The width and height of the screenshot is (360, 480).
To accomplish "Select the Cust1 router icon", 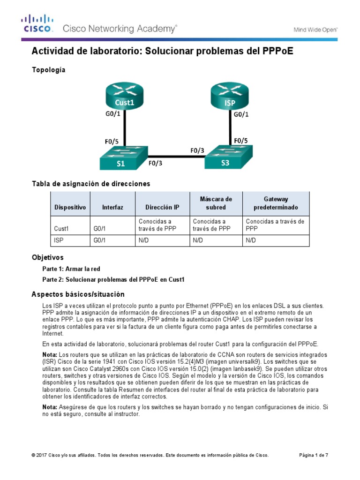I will [x=124, y=96].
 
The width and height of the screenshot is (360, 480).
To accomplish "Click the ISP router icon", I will [x=230, y=96].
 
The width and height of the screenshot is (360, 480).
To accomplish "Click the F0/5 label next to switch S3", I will [x=241, y=140].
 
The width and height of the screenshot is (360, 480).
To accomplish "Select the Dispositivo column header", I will [x=70, y=207].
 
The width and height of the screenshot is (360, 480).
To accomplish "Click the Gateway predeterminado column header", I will [x=275, y=203].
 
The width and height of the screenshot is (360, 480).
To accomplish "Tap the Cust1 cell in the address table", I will [x=61, y=229].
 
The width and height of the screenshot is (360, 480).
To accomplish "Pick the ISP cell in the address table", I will [x=59, y=240].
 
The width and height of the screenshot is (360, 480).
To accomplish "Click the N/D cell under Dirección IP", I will [x=143, y=240].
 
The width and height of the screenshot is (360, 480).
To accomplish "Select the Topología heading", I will [x=48, y=70].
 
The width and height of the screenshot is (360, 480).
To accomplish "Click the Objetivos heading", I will [x=47, y=258].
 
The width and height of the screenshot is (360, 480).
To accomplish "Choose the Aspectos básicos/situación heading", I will [x=78, y=294].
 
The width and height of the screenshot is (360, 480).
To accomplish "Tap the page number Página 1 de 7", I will [x=314, y=455].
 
